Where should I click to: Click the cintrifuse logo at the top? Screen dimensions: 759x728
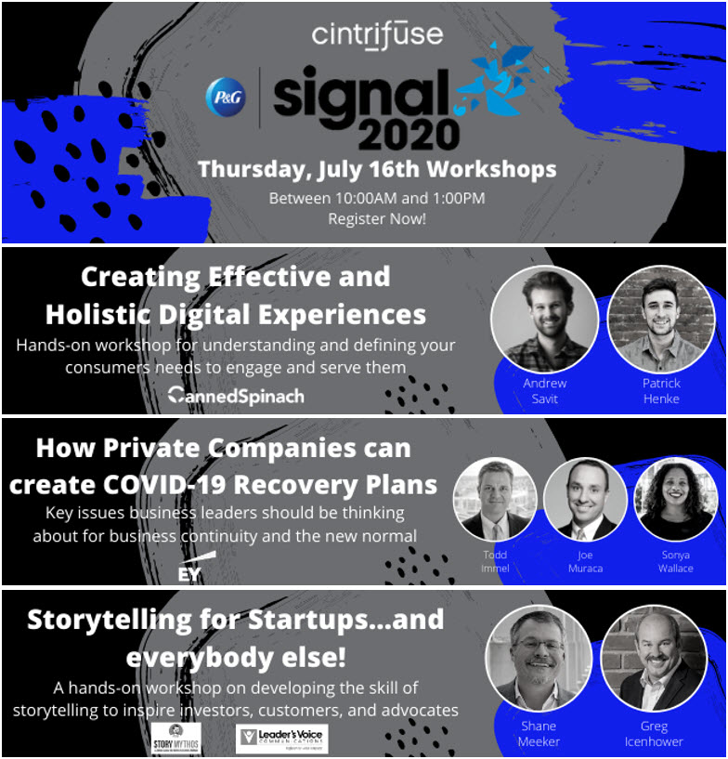[377, 36]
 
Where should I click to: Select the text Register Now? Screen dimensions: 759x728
[377, 219]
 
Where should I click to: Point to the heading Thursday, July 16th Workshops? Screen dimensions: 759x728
[377, 170]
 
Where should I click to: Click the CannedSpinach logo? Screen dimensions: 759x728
[236, 396]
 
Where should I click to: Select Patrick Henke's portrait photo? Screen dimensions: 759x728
[660, 318]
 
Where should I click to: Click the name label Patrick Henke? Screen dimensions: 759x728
[660, 390]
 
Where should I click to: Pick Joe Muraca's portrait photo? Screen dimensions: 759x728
[585, 499]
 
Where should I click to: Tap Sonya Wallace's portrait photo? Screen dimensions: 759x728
[674, 499]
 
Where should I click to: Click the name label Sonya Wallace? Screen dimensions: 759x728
[675, 561]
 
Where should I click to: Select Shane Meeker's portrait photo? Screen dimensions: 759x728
[539, 659]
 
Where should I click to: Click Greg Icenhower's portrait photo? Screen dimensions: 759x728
[654, 659]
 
